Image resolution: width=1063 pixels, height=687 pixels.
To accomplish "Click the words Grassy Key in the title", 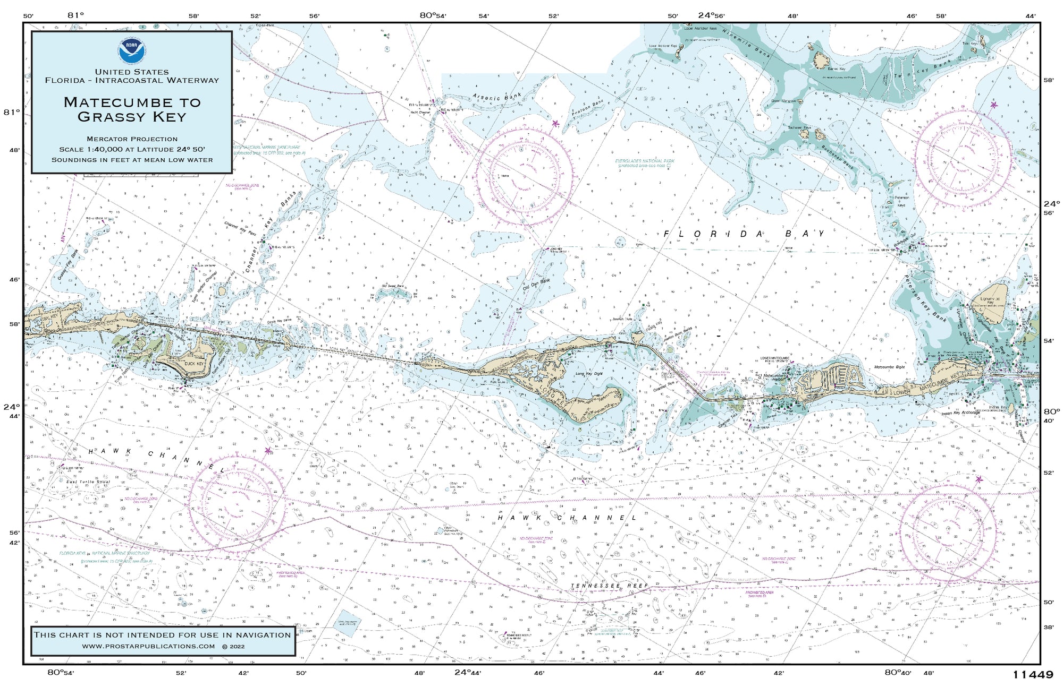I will pyautogui.click(x=132, y=117).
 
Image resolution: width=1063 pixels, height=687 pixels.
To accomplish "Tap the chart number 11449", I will pyautogui.click(x=1032, y=675).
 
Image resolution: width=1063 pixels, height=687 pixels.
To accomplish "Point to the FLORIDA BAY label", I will pyautogui.click(x=744, y=234).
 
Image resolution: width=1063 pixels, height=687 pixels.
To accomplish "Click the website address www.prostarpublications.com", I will pyautogui.click(x=149, y=646).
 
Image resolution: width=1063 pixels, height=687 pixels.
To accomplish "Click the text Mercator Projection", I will pyautogui.click(x=132, y=139).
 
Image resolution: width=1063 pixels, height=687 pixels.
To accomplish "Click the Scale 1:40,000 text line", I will pyautogui.click(x=132, y=149).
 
